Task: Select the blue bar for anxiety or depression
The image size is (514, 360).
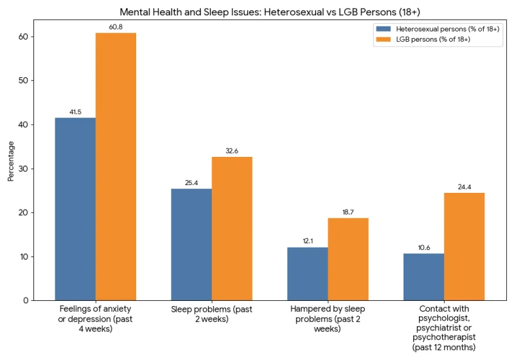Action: click(x=75, y=209)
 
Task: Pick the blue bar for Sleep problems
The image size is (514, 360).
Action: click(x=191, y=244)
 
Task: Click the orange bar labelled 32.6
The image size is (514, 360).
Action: click(x=232, y=228)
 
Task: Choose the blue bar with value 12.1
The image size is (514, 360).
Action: click(x=308, y=273)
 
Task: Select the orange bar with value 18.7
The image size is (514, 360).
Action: click(x=348, y=259)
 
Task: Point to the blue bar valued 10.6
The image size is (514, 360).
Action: click(x=424, y=276)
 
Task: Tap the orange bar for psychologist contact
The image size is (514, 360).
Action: click(x=465, y=246)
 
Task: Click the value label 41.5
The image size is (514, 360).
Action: click(x=75, y=112)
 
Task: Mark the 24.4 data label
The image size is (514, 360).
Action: click(x=465, y=187)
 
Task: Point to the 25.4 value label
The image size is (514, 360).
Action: click(x=191, y=183)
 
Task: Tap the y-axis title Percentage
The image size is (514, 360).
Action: click(x=11, y=165)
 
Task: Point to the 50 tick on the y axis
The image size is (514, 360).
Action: click(x=24, y=80)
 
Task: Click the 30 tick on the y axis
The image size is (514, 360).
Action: click(x=24, y=168)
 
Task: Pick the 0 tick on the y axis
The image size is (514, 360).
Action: click(x=26, y=300)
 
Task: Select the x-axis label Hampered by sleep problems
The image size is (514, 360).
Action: click(x=328, y=319)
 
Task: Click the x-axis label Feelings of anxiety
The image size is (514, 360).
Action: click(x=95, y=319)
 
